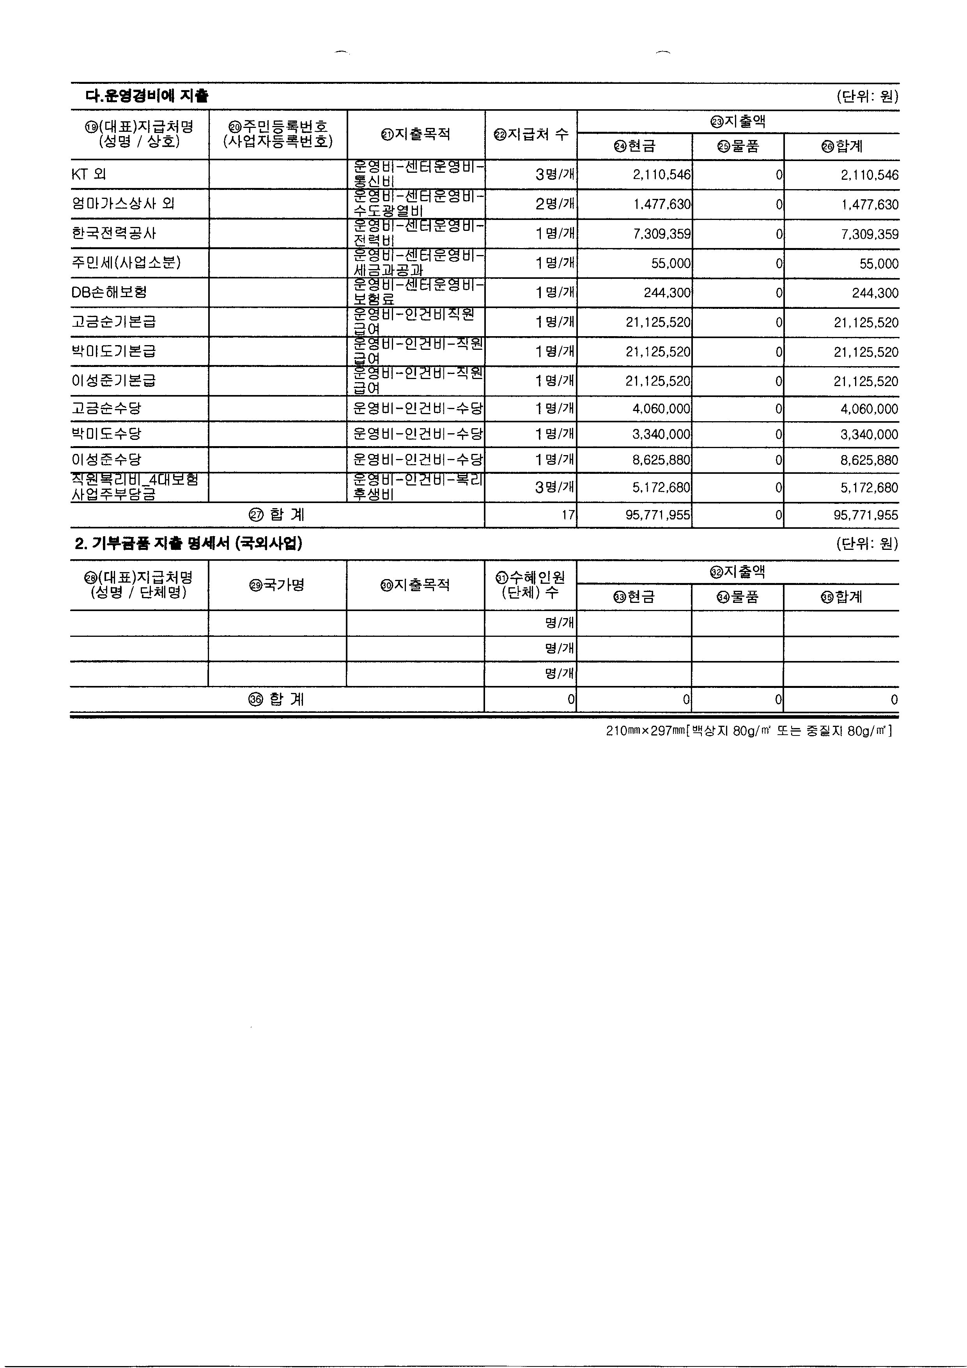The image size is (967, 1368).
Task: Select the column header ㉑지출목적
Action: (416, 135)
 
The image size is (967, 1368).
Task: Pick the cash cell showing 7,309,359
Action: (661, 234)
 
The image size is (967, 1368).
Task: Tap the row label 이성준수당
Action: (107, 459)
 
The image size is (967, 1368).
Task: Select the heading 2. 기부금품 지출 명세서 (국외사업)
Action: (188, 543)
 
